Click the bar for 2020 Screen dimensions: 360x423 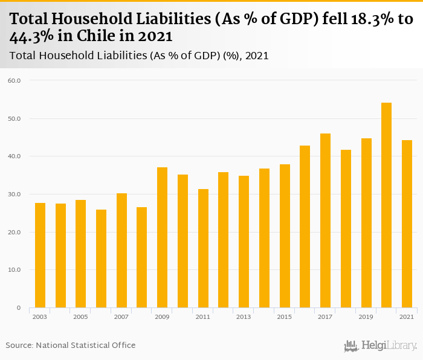coord(386,205)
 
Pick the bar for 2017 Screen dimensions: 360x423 coord(325,220)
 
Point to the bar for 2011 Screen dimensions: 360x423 coord(203,248)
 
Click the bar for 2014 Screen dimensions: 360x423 coord(264,238)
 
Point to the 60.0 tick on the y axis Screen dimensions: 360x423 coord(14,80)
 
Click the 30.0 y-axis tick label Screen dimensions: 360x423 coord(14,194)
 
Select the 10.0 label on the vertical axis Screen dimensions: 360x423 coord(14,270)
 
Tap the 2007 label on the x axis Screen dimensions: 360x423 coord(121,317)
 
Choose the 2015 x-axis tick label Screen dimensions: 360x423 coord(285,317)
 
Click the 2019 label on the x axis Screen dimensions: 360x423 coord(366,317)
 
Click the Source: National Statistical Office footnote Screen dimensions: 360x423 coord(71,346)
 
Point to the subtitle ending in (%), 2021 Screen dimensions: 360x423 coord(139,56)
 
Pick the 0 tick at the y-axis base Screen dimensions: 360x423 coord(19,308)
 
